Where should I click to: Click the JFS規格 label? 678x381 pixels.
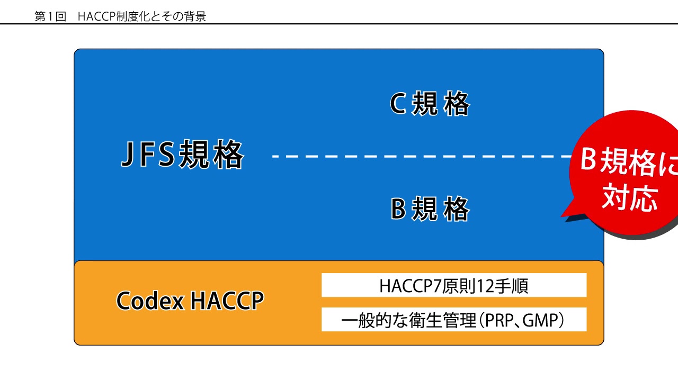(182, 154)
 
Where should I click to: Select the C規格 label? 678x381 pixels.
(430, 103)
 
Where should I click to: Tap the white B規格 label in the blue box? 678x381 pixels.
(430, 208)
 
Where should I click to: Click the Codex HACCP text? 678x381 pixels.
(190, 301)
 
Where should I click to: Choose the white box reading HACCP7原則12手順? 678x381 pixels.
(454, 285)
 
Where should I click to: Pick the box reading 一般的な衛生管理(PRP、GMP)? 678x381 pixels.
(454, 320)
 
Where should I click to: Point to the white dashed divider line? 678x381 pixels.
(421, 156)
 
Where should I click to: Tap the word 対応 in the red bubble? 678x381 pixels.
(630, 197)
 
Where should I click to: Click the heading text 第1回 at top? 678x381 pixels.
(50, 16)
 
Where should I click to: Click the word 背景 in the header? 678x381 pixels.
(195, 16)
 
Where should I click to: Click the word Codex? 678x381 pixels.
(150, 301)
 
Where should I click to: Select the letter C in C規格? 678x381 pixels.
(398, 103)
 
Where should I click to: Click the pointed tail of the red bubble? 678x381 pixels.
(562, 216)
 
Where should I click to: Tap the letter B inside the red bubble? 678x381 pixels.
(588, 159)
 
